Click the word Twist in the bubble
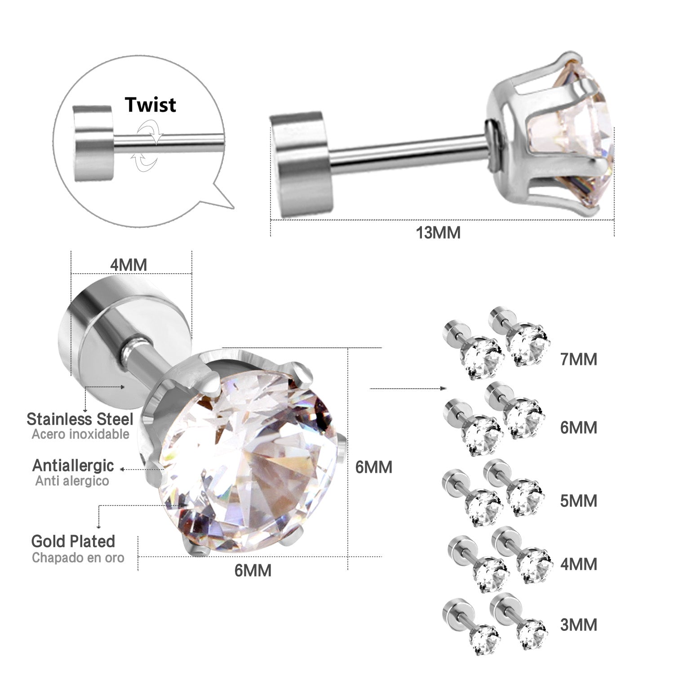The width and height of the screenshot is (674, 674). (x=151, y=104)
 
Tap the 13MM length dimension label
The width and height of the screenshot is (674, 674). (x=438, y=233)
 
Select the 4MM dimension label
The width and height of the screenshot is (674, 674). (x=129, y=265)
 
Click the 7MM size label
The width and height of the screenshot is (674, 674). (x=578, y=359)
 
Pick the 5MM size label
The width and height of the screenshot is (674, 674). (x=578, y=501)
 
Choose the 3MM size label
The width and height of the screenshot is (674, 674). (x=578, y=625)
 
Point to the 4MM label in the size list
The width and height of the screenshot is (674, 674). (x=578, y=564)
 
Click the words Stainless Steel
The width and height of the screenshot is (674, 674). (x=80, y=419)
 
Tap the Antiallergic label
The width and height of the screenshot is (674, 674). (x=73, y=466)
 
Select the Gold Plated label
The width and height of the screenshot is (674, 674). (x=73, y=541)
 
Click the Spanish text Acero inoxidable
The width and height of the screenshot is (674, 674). (x=80, y=435)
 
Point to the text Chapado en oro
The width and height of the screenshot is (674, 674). (x=78, y=558)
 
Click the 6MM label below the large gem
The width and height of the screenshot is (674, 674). (x=253, y=570)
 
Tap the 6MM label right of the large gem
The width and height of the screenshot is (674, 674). (x=373, y=467)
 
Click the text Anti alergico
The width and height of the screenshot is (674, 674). (x=72, y=481)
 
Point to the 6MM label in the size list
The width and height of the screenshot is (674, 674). (x=578, y=428)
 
